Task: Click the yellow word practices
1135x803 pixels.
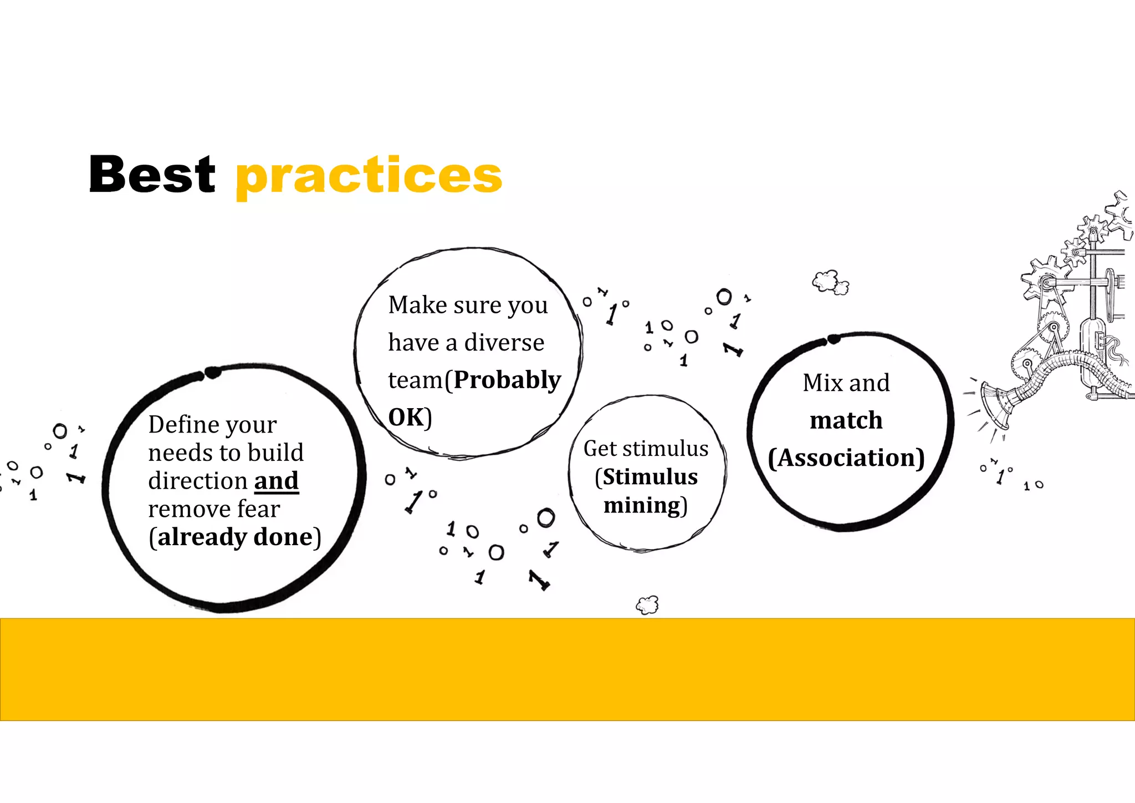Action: click(x=369, y=175)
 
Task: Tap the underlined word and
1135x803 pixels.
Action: click(x=276, y=481)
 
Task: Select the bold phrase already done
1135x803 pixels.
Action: click(x=235, y=537)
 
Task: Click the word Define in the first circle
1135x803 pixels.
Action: click(x=181, y=425)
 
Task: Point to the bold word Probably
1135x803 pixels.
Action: click(x=507, y=380)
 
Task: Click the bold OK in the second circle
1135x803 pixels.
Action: click(x=406, y=418)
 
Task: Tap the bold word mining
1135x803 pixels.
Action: click(x=642, y=506)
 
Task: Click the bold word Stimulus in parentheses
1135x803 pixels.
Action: click(x=650, y=477)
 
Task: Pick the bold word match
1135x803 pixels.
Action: click(x=846, y=420)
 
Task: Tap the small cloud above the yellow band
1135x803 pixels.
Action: click(x=647, y=604)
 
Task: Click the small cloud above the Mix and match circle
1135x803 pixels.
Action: click(x=830, y=282)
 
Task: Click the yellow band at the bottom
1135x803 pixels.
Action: click(x=567, y=669)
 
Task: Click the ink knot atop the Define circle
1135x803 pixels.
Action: click(x=212, y=372)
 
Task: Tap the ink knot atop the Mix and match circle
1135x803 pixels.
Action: click(x=834, y=339)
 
